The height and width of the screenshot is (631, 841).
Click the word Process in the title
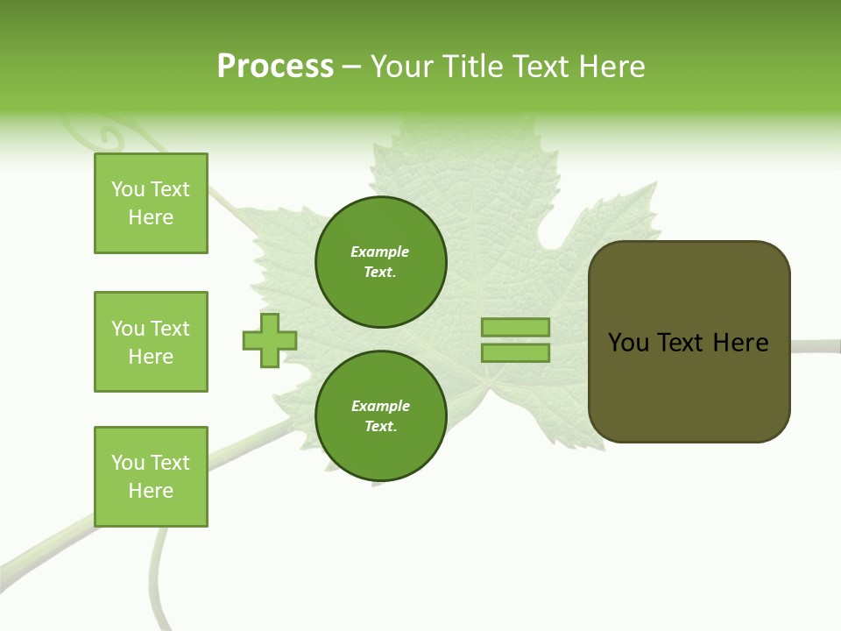pyautogui.click(x=275, y=66)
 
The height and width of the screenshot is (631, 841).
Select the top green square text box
pyautogui.click(x=151, y=203)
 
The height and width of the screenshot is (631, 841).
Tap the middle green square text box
pyautogui.click(x=151, y=342)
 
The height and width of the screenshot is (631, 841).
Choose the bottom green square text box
pyautogui.click(x=151, y=477)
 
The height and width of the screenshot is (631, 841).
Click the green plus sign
pyautogui.click(x=270, y=340)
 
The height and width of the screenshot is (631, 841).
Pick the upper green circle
pyautogui.click(x=380, y=262)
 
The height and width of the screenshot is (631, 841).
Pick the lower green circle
pyautogui.click(x=380, y=416)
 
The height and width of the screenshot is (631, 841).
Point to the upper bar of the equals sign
pyautogui.click(x=515, y=327)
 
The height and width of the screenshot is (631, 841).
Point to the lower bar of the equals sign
pyautogui.click(x=515, y=352)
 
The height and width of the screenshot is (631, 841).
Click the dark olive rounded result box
pyautogui.click(x=689, y=386)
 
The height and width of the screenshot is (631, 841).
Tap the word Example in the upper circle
pyautogui.click(x=380, y=252)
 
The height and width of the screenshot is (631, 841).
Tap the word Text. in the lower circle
pyautogui.click(x=380, y=427)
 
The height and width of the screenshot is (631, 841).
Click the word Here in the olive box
pyautogui.click(x=740, y=343)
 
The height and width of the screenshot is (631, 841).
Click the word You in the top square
pyautogui.click(x=128, y=189)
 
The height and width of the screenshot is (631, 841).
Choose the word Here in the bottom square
pyautogui.click(x=151, y=491)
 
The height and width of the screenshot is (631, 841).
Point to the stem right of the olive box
pyautogui.click(x=815, y=345)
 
